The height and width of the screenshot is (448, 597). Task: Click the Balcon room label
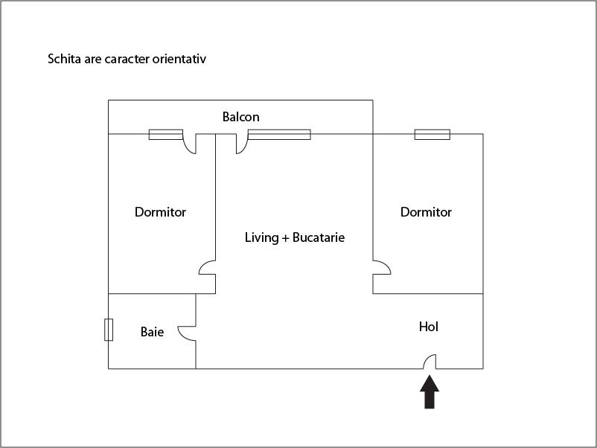pyautogui.click(x=240, y=117)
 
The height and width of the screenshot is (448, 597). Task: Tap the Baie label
pyautogui.click(x=152, y=332)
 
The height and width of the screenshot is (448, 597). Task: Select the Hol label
pyautogui.click(x=428, y=327)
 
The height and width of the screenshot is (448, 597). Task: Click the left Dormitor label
pyautogui.click(x=160, y=212)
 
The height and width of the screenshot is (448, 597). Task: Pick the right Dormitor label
pyautogui.click(x=426, y=212)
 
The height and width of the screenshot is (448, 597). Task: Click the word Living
pyautogui.click(x=261, y=238)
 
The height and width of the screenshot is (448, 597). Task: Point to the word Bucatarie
pyautogui.click(x=319, y=237)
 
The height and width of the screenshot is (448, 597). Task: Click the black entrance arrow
pyautogui.click(x=430, y=391)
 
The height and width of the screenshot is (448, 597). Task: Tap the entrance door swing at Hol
pyautogui.click(x=430, y=362)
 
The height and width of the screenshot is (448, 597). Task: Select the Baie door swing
pyautogui.click(x=187, y=333)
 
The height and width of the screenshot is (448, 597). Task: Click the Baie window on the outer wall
pyautogui.click(x=109, y=330)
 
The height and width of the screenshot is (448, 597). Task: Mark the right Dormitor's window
pyautogui.click(x=432, y=135)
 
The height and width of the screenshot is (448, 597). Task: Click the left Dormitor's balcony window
pyautogui.click(x=165, y=135)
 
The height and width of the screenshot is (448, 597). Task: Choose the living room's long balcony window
pyautogui.click(x=279, y=135)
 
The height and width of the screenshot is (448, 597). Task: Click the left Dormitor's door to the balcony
pyautogui.click(x=189, y=144)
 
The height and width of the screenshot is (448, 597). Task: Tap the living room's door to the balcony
pyautogui.click(x=242, y=144)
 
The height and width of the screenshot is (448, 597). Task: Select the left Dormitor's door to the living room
pyautogui.click(x=207, y=268)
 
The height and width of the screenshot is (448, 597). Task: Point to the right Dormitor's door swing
pyautogui.click(x=382, y=268)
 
